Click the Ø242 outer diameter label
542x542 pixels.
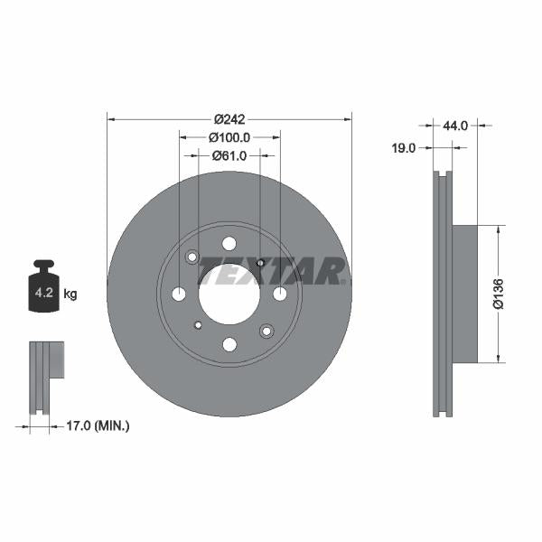[x=229, y=118]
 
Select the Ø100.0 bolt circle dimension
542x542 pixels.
[x=229, y=137]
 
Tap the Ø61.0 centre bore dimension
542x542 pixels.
[x=229, y=156]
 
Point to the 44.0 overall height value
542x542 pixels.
[x=455, y=126]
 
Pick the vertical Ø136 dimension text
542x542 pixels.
[x=498, y=294]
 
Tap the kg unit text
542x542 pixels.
[x=70, y=294]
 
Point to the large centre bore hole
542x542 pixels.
[x=229, y=294]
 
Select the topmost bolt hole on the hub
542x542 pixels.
[x=229, y=243]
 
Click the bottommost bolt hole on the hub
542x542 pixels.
[x=229, y=344]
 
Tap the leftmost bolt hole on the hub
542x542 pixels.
[x=178, y=294]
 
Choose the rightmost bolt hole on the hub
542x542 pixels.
[x=279, y=294]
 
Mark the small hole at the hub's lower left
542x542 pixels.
[x=198, y=324]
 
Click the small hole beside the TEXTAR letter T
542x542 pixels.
[x=260, y=263]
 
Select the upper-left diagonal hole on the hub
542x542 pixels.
[x=192, y=258]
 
